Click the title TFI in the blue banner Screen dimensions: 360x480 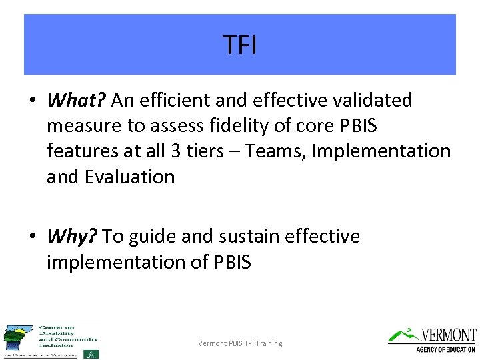point(240,45)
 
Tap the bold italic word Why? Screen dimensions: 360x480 point(72,237)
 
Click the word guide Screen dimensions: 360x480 point(153,237)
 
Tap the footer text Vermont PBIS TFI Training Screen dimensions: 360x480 point(240,343)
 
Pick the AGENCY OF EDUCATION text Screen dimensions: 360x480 point(445,349)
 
